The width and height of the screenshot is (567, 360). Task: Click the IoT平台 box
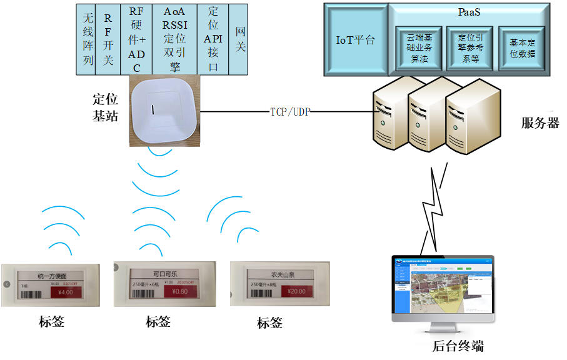[x=355, y=41]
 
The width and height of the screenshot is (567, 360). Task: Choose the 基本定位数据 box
[x=523, y=49]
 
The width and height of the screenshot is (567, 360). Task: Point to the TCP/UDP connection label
[x=289, y=112]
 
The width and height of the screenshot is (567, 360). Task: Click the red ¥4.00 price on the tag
[x=65, y=292]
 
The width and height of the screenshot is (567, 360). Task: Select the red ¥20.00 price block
[x=297, y=291]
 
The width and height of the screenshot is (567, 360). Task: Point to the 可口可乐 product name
[x=165, y=274]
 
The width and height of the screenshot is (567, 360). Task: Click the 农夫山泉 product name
[x=283, y=274]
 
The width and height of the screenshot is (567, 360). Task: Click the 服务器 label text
[x=540, y=123]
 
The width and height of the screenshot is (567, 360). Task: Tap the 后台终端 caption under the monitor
[x=458, y=346]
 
